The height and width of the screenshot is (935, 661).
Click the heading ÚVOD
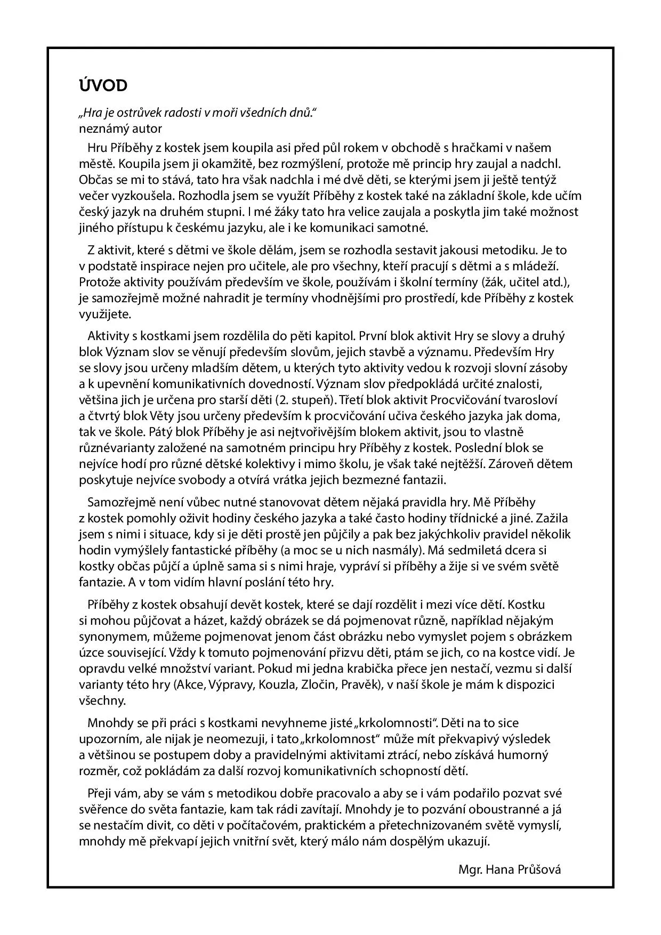pos(103,85)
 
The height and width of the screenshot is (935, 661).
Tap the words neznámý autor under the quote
pos(120,128)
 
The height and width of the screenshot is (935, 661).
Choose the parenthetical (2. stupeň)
pos(303,400)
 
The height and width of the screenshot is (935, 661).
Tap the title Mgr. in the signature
pos(470,869)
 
